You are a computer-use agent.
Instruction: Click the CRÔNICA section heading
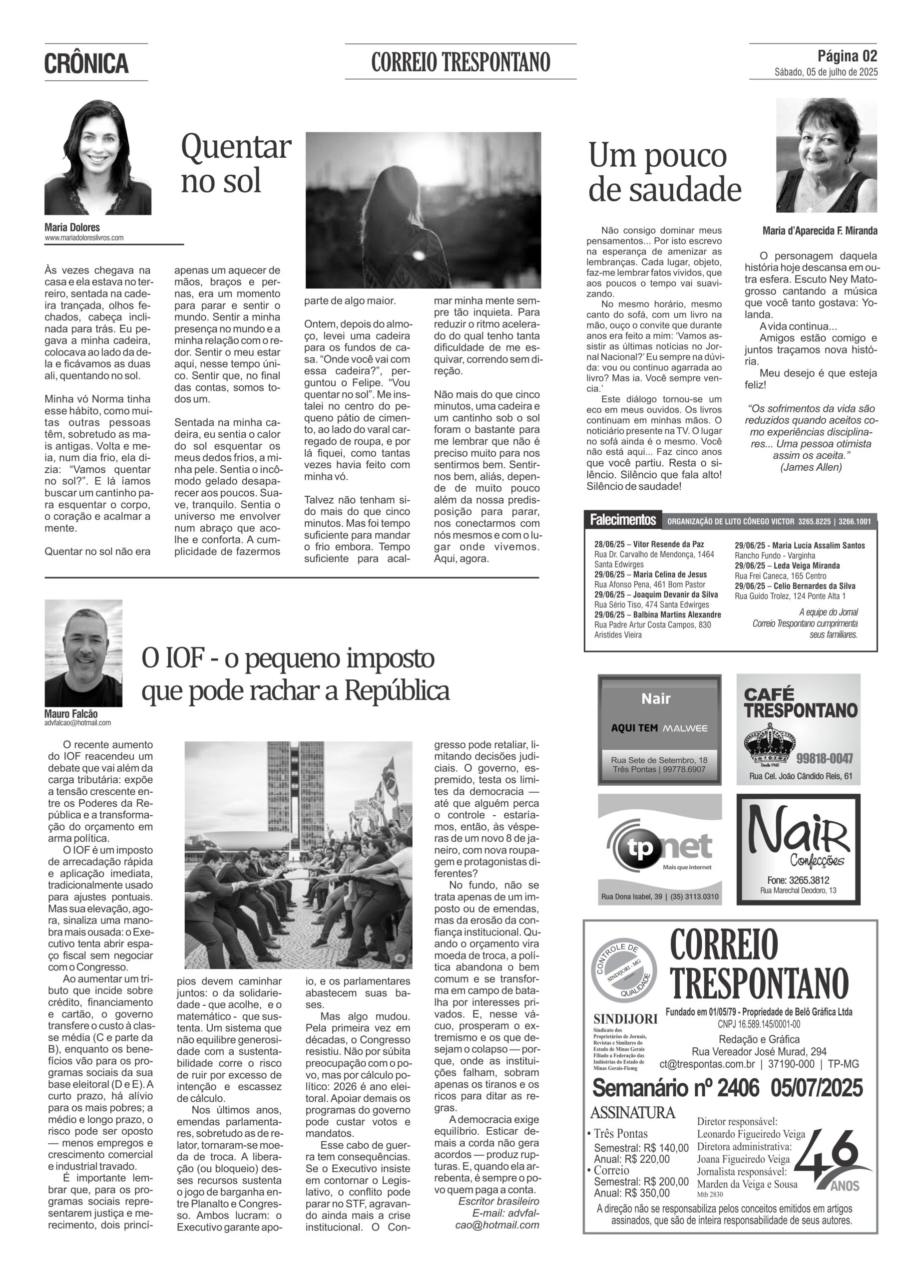(86, 63)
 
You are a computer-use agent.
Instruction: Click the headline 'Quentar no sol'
(236, 163)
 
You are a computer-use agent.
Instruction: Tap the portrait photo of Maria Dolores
(97, 157)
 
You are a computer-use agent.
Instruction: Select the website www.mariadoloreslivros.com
(84, 238)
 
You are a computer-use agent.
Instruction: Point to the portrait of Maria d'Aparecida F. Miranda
(826, 156)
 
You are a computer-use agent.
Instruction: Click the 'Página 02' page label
(847, 56)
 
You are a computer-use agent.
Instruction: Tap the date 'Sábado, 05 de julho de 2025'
(826, 72)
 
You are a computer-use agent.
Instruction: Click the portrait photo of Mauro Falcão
(83, 652)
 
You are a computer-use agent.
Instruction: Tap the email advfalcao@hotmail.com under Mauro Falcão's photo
(78, 723)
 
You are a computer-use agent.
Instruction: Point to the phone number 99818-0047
(825, 758)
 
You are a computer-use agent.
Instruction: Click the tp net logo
(659, 847)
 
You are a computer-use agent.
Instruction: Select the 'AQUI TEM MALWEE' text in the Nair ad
(659, 728)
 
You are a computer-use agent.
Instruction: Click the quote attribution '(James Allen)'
(811, 467)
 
